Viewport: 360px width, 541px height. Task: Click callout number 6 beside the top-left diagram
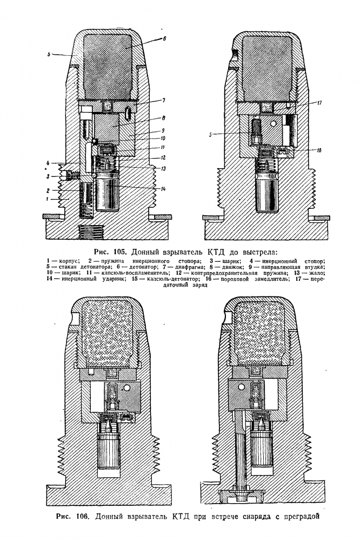[164, 39]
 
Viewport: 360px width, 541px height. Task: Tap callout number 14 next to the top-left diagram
[163, 189]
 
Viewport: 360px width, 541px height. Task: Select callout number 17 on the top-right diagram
[319, 103]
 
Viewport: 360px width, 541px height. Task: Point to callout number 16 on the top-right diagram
[319, 150]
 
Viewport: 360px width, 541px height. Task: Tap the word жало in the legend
[316, 273]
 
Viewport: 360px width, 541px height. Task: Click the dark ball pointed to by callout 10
[95, 140]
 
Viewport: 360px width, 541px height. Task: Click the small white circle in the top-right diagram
[274, 124]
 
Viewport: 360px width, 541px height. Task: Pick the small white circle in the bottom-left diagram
[127, 388]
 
